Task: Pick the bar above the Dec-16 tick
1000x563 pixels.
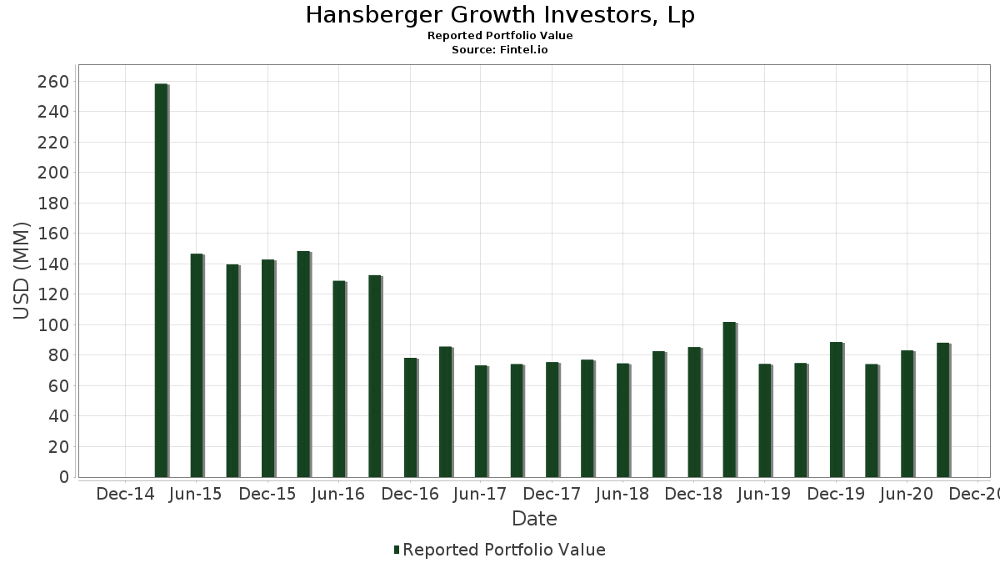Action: point(410,417)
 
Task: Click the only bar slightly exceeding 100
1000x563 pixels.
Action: point(729,400)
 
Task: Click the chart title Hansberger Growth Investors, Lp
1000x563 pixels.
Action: point(500,15)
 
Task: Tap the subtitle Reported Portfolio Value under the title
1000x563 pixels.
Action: point(500,36)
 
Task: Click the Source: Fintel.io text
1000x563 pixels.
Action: point(500,50)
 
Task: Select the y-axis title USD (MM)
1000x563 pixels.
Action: point(22,270)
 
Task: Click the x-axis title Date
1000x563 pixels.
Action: point(534,519)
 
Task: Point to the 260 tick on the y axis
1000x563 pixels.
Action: point(52,82)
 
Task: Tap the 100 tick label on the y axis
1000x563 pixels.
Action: point(52,324)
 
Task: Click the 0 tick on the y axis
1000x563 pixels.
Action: point(63,477)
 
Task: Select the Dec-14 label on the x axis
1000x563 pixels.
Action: point(125,495)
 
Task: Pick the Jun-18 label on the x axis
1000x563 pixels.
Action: point(622,495)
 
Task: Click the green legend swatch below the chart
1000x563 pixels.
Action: point(397,550)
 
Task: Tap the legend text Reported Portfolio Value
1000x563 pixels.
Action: point(504,550)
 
